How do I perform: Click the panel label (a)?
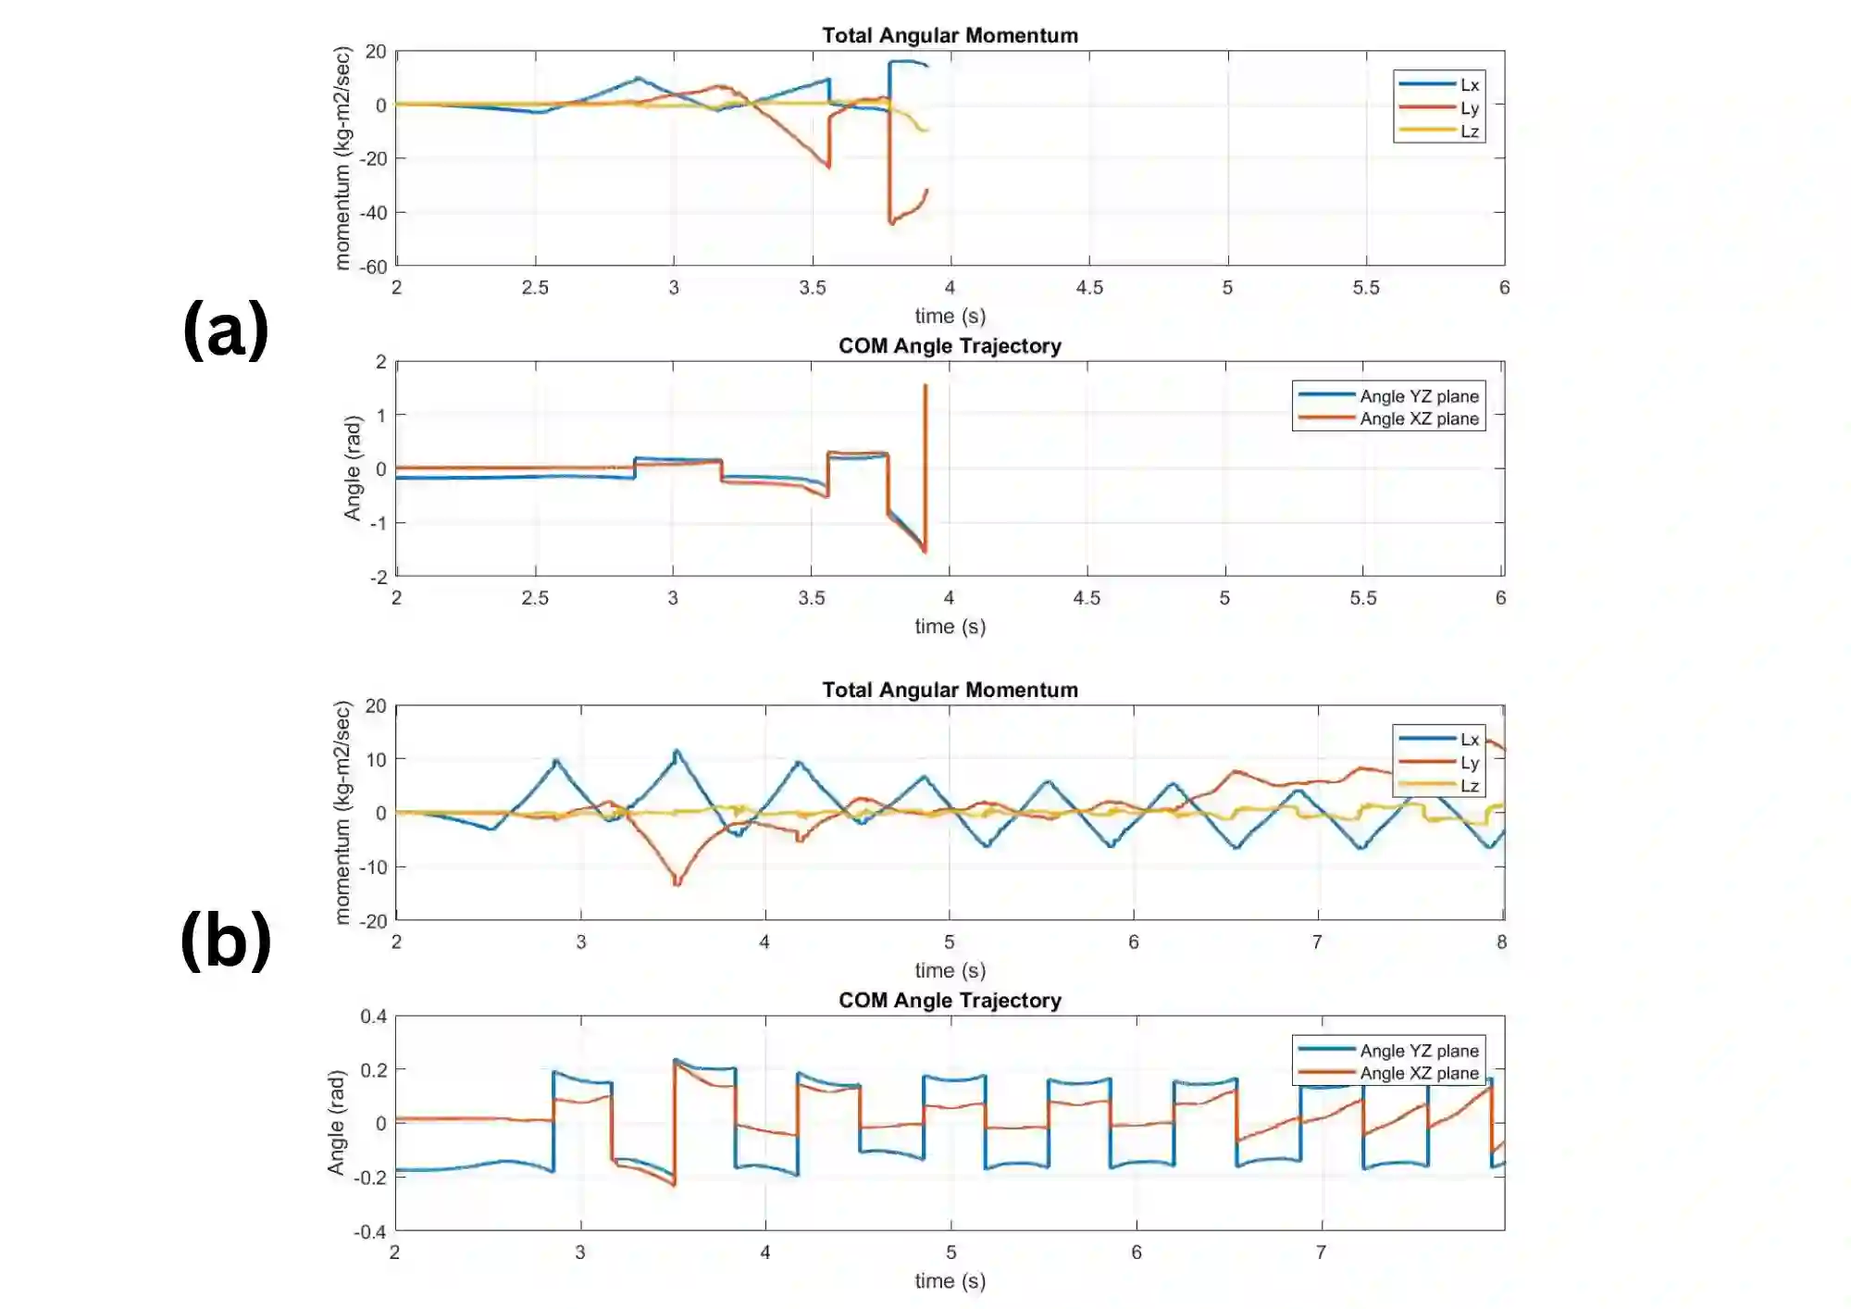226,330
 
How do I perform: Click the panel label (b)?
226,940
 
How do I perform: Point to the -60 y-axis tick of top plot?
374,268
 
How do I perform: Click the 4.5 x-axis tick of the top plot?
1089,288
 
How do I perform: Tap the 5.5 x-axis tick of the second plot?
1363,598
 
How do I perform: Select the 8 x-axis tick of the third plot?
1501,942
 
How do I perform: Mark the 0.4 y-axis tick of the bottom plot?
374,1016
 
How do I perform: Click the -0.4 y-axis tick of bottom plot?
370,1232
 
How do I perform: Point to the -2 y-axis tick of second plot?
378,578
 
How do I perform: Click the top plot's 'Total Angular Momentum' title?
950,35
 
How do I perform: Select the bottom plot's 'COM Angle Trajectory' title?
950,1001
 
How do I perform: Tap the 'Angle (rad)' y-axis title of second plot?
352,468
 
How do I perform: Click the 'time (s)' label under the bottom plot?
950,1281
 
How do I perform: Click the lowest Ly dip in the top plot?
891,223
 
